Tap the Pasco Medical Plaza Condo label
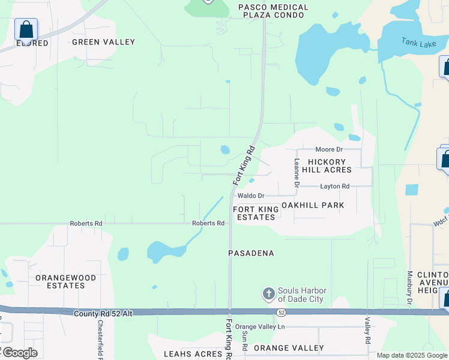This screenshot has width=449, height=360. (273, 11)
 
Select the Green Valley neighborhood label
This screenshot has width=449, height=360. (103, 42)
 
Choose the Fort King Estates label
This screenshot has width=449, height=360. (256, 213)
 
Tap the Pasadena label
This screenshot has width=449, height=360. (251, 253)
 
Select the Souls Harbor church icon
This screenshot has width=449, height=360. (268, 295)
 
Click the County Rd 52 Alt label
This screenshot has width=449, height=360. (103, 314)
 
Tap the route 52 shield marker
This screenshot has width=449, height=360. (280, 313)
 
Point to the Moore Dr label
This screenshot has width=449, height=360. (329, 149)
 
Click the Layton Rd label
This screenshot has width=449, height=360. (334, 187)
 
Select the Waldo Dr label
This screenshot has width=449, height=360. (251, 196)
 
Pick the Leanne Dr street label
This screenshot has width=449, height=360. (297, 169)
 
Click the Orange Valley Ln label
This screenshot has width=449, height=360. (260, 327)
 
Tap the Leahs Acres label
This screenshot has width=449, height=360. (193, 354)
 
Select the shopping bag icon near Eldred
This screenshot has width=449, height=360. (26, 29)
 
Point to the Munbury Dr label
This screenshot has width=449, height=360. (408, 289)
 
